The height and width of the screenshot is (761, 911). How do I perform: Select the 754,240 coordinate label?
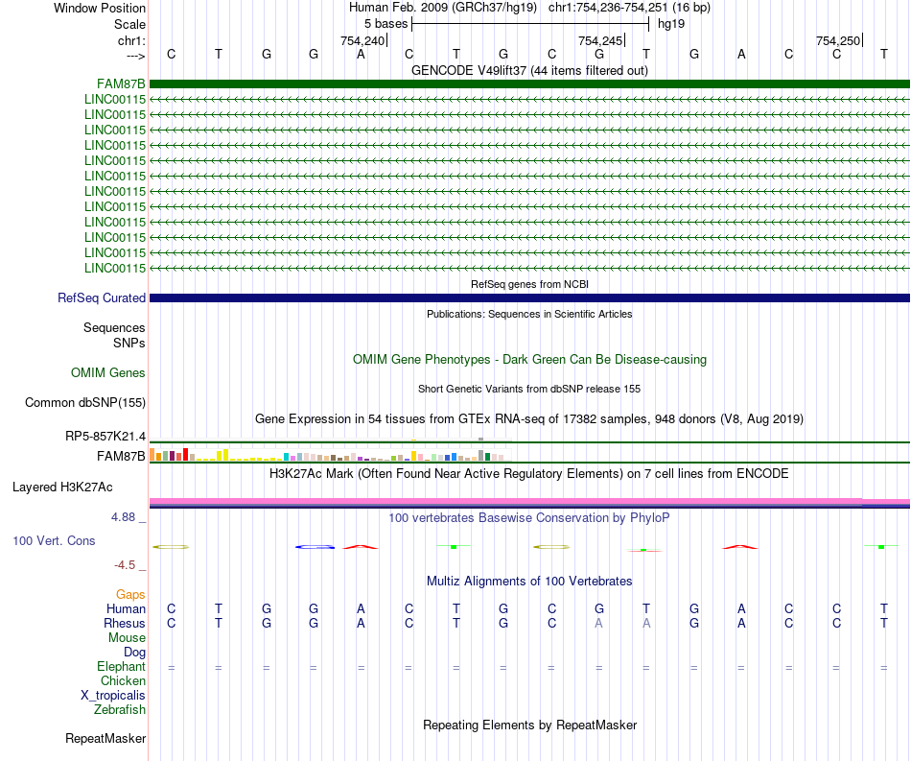coord(362,40)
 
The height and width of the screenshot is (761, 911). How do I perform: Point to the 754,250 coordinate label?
coord(837,40)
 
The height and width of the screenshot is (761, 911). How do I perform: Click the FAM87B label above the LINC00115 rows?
coord(121,83)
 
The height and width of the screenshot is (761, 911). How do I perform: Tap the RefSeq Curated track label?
coord(102,298)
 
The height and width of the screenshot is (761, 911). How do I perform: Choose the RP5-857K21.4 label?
coord(105,437)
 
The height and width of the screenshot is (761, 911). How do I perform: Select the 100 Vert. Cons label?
coord(54,541)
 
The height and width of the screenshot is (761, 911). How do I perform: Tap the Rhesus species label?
coord(125,624)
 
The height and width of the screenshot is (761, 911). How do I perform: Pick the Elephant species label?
coord(121,667)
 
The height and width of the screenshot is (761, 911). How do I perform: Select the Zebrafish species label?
coord(120,710)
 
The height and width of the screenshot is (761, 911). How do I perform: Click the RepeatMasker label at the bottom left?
coord(105,739)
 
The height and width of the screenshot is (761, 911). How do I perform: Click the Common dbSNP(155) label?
coord(84,403)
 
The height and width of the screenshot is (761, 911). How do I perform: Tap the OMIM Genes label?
coord(108,373)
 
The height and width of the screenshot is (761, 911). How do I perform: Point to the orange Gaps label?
coord(130,595)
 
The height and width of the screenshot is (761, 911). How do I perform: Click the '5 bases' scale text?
coord(385,23)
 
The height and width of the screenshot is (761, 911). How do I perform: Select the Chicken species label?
coord(123,681)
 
